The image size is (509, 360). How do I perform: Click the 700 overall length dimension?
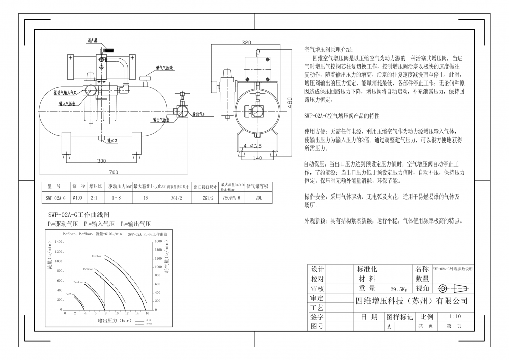(x=113, y=172)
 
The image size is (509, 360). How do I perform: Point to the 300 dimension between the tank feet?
(x=101, y=161)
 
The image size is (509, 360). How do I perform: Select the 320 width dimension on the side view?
(x=247, y=42)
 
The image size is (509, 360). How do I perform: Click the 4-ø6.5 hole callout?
(x=252, y=146)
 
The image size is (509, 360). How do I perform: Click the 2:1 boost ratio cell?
(x=95, y=198)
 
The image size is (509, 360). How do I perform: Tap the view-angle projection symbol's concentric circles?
(x=442, y=288)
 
